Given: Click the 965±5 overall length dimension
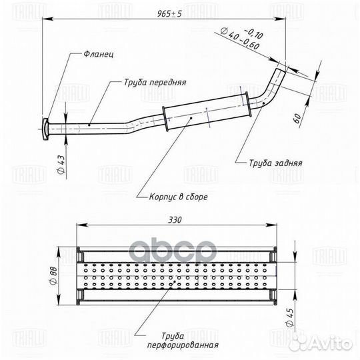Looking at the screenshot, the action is pyautogui.click(x=169, y=14).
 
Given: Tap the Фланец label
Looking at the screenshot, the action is pyautogui.click(x=99, y=55).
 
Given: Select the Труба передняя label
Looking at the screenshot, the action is pyautogui.click(x=155, y=83).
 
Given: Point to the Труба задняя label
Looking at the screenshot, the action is pyautogui.click(x=275, y=163).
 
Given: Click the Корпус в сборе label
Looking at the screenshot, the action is pyautogui.click(x=179, y=197).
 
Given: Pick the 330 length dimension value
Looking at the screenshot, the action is pyautogui.click(x=175, y=220).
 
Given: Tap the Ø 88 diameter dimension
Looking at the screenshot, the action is pyautogui.click(x=53, y=277).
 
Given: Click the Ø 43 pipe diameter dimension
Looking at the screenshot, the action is pyautogui.click(x=61, y=165).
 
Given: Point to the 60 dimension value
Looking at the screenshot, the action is pyautogui.click(x=297, y=119).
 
